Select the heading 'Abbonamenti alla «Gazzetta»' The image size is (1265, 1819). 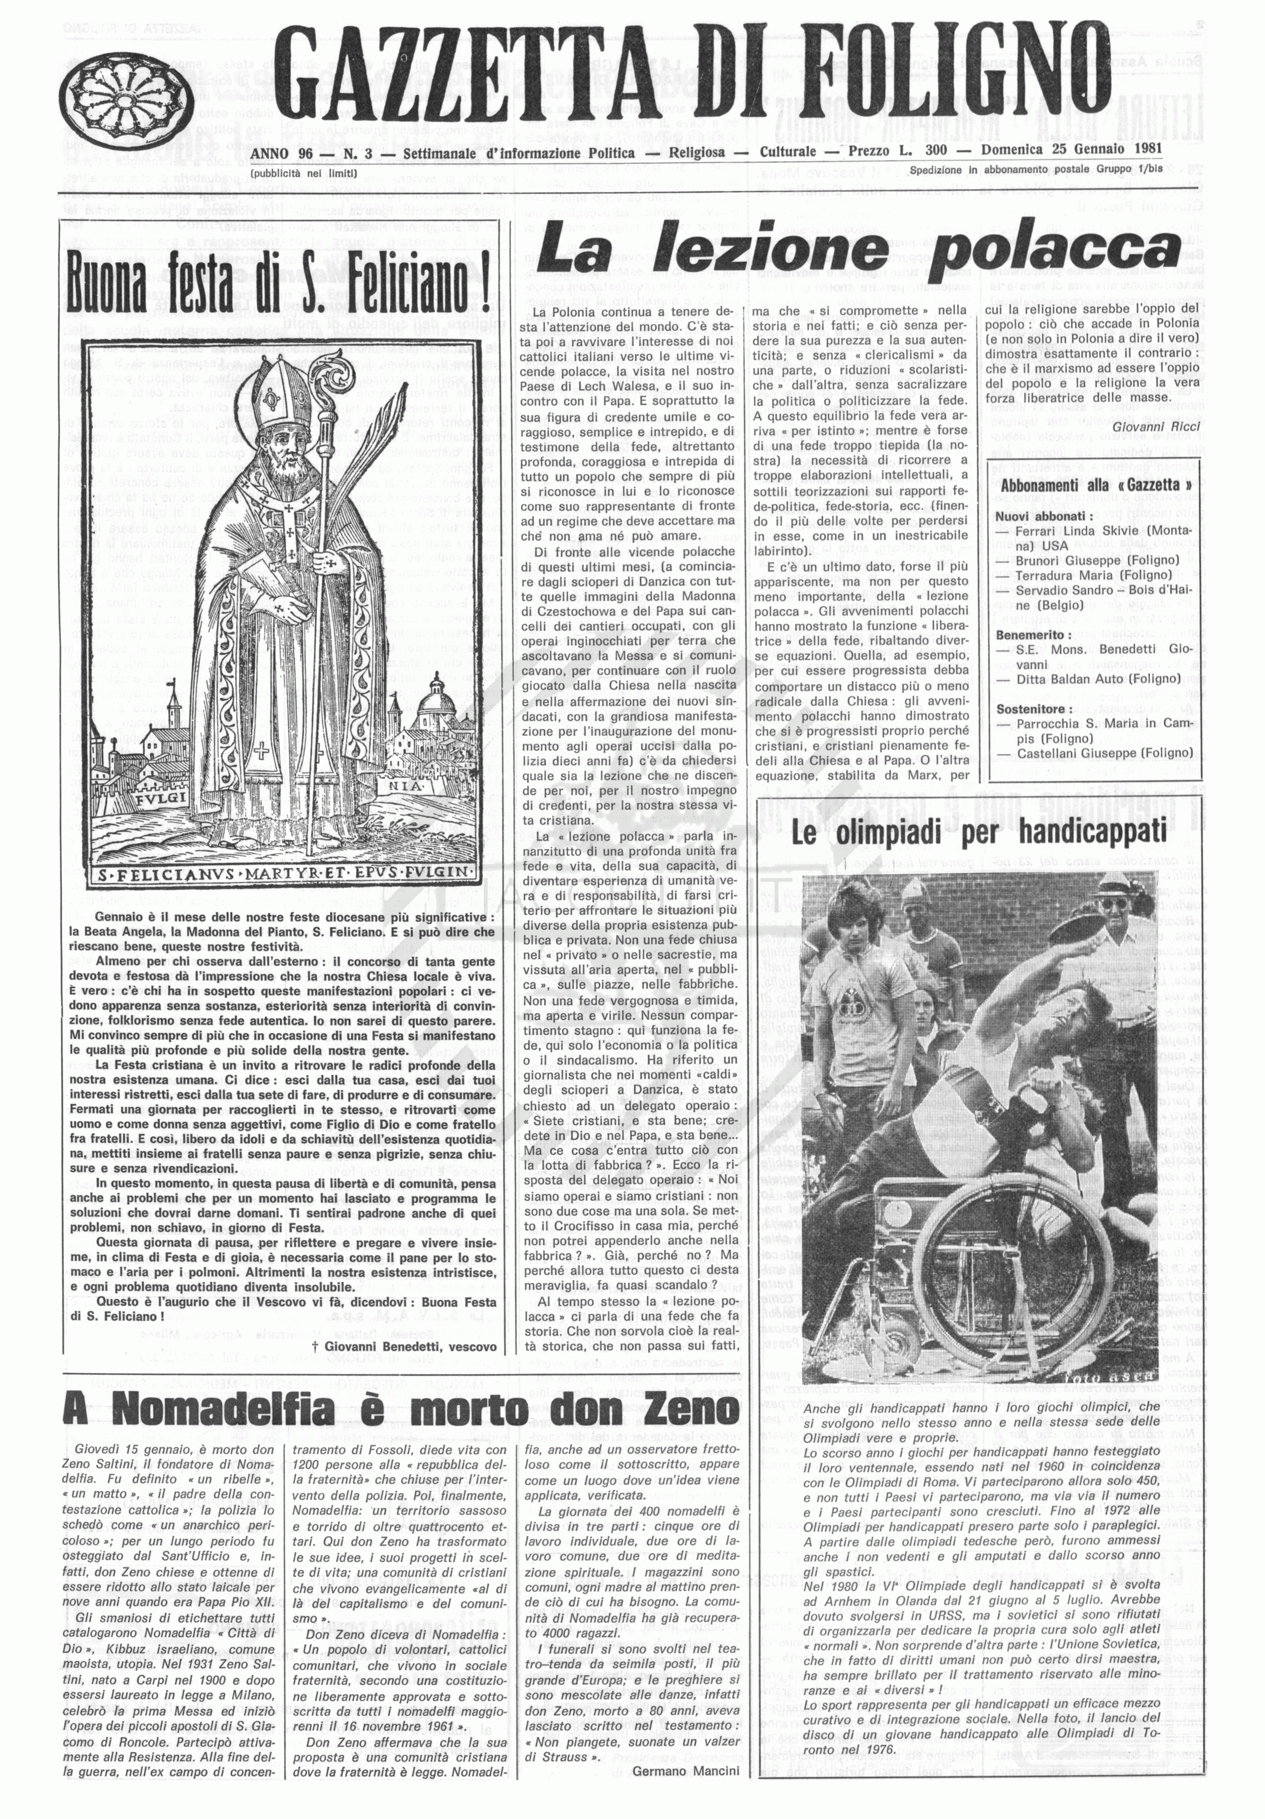1097,486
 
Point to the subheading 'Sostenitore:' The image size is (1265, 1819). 1034,709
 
